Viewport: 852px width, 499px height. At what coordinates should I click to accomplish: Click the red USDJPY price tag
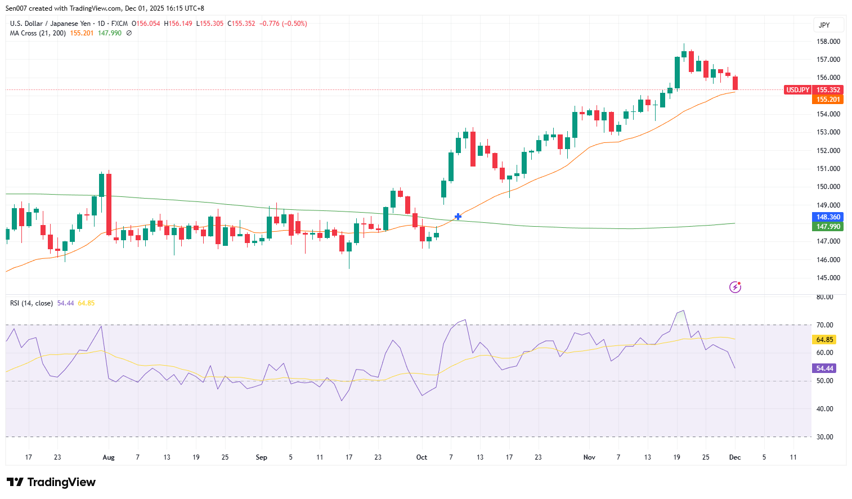pos(797,90)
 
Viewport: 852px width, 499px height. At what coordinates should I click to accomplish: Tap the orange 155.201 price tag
pos(828,100)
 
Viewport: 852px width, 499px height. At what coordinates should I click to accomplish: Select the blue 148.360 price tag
pos(828,217)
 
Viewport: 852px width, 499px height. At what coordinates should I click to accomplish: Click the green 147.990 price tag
pos(828,227)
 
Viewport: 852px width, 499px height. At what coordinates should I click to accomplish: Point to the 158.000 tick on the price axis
pos(828,42)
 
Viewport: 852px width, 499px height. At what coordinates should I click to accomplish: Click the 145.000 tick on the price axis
pos(828,278)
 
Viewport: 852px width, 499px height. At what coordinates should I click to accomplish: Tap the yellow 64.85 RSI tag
pos(824,340)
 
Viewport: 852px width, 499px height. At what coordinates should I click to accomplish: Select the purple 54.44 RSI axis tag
pos(824,368)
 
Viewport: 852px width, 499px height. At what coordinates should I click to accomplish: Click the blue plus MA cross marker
pos(458,217)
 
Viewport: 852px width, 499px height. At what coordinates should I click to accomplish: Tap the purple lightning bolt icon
pos(735,287)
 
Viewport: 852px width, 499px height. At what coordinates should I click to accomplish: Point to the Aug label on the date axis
pos(109,457)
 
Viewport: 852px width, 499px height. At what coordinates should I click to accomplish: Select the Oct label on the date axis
pos(421,457)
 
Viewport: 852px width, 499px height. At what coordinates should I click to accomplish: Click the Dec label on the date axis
pos(735,457)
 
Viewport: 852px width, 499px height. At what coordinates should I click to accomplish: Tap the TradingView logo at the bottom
pos(51,482)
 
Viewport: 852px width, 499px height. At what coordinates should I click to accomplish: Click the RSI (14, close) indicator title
pos(32,303)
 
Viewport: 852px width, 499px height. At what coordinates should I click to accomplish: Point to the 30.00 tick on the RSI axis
pos(824,437)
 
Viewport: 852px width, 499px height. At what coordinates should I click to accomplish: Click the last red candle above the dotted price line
pos(735,83)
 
